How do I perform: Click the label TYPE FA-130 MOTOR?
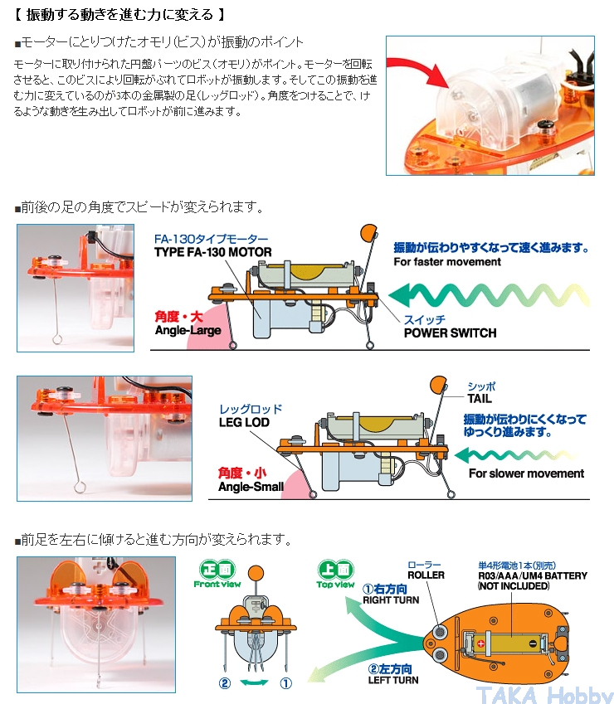point(213,252)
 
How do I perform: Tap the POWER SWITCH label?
point(450,333)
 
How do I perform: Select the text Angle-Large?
point(188,330)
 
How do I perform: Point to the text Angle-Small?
point(251,487)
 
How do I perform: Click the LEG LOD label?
point(245,422)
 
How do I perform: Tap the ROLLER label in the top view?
point(426,575)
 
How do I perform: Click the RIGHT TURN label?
point(390,600)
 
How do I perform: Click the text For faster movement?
point(447,262)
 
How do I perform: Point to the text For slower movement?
point(526,473)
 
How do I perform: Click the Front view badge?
point(217,574)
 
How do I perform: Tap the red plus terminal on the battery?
point(480,642)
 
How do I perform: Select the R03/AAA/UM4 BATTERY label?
point(532,575)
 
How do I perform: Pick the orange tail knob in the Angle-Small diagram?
point(437,385)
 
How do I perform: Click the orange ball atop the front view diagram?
point(256,571)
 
